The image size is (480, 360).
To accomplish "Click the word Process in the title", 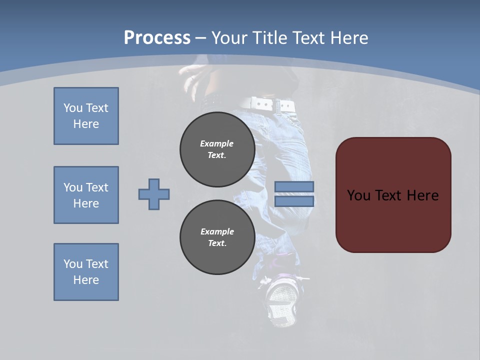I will [x=157, y=37].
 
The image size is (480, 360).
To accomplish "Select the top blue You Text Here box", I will [x=86, y=116].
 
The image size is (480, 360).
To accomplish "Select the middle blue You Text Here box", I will [x=86, y=195].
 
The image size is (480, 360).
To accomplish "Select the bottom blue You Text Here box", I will [x=86, y=272].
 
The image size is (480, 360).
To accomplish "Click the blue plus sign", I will [x=154, y=194].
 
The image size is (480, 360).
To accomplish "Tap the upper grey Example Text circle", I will [x=217, y=149].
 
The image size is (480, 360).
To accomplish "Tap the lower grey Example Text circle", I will [x=217, y=237].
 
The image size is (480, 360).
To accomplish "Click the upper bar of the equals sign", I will [x=294, y=186].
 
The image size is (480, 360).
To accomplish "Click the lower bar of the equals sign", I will [x=294, y=201].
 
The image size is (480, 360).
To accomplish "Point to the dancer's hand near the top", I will [x=192, y=75].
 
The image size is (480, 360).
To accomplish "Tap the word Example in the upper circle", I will [x=217, y=143].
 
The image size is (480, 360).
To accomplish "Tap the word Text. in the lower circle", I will [x=217, y=243].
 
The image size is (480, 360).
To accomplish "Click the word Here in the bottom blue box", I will [x=86, y=280].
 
